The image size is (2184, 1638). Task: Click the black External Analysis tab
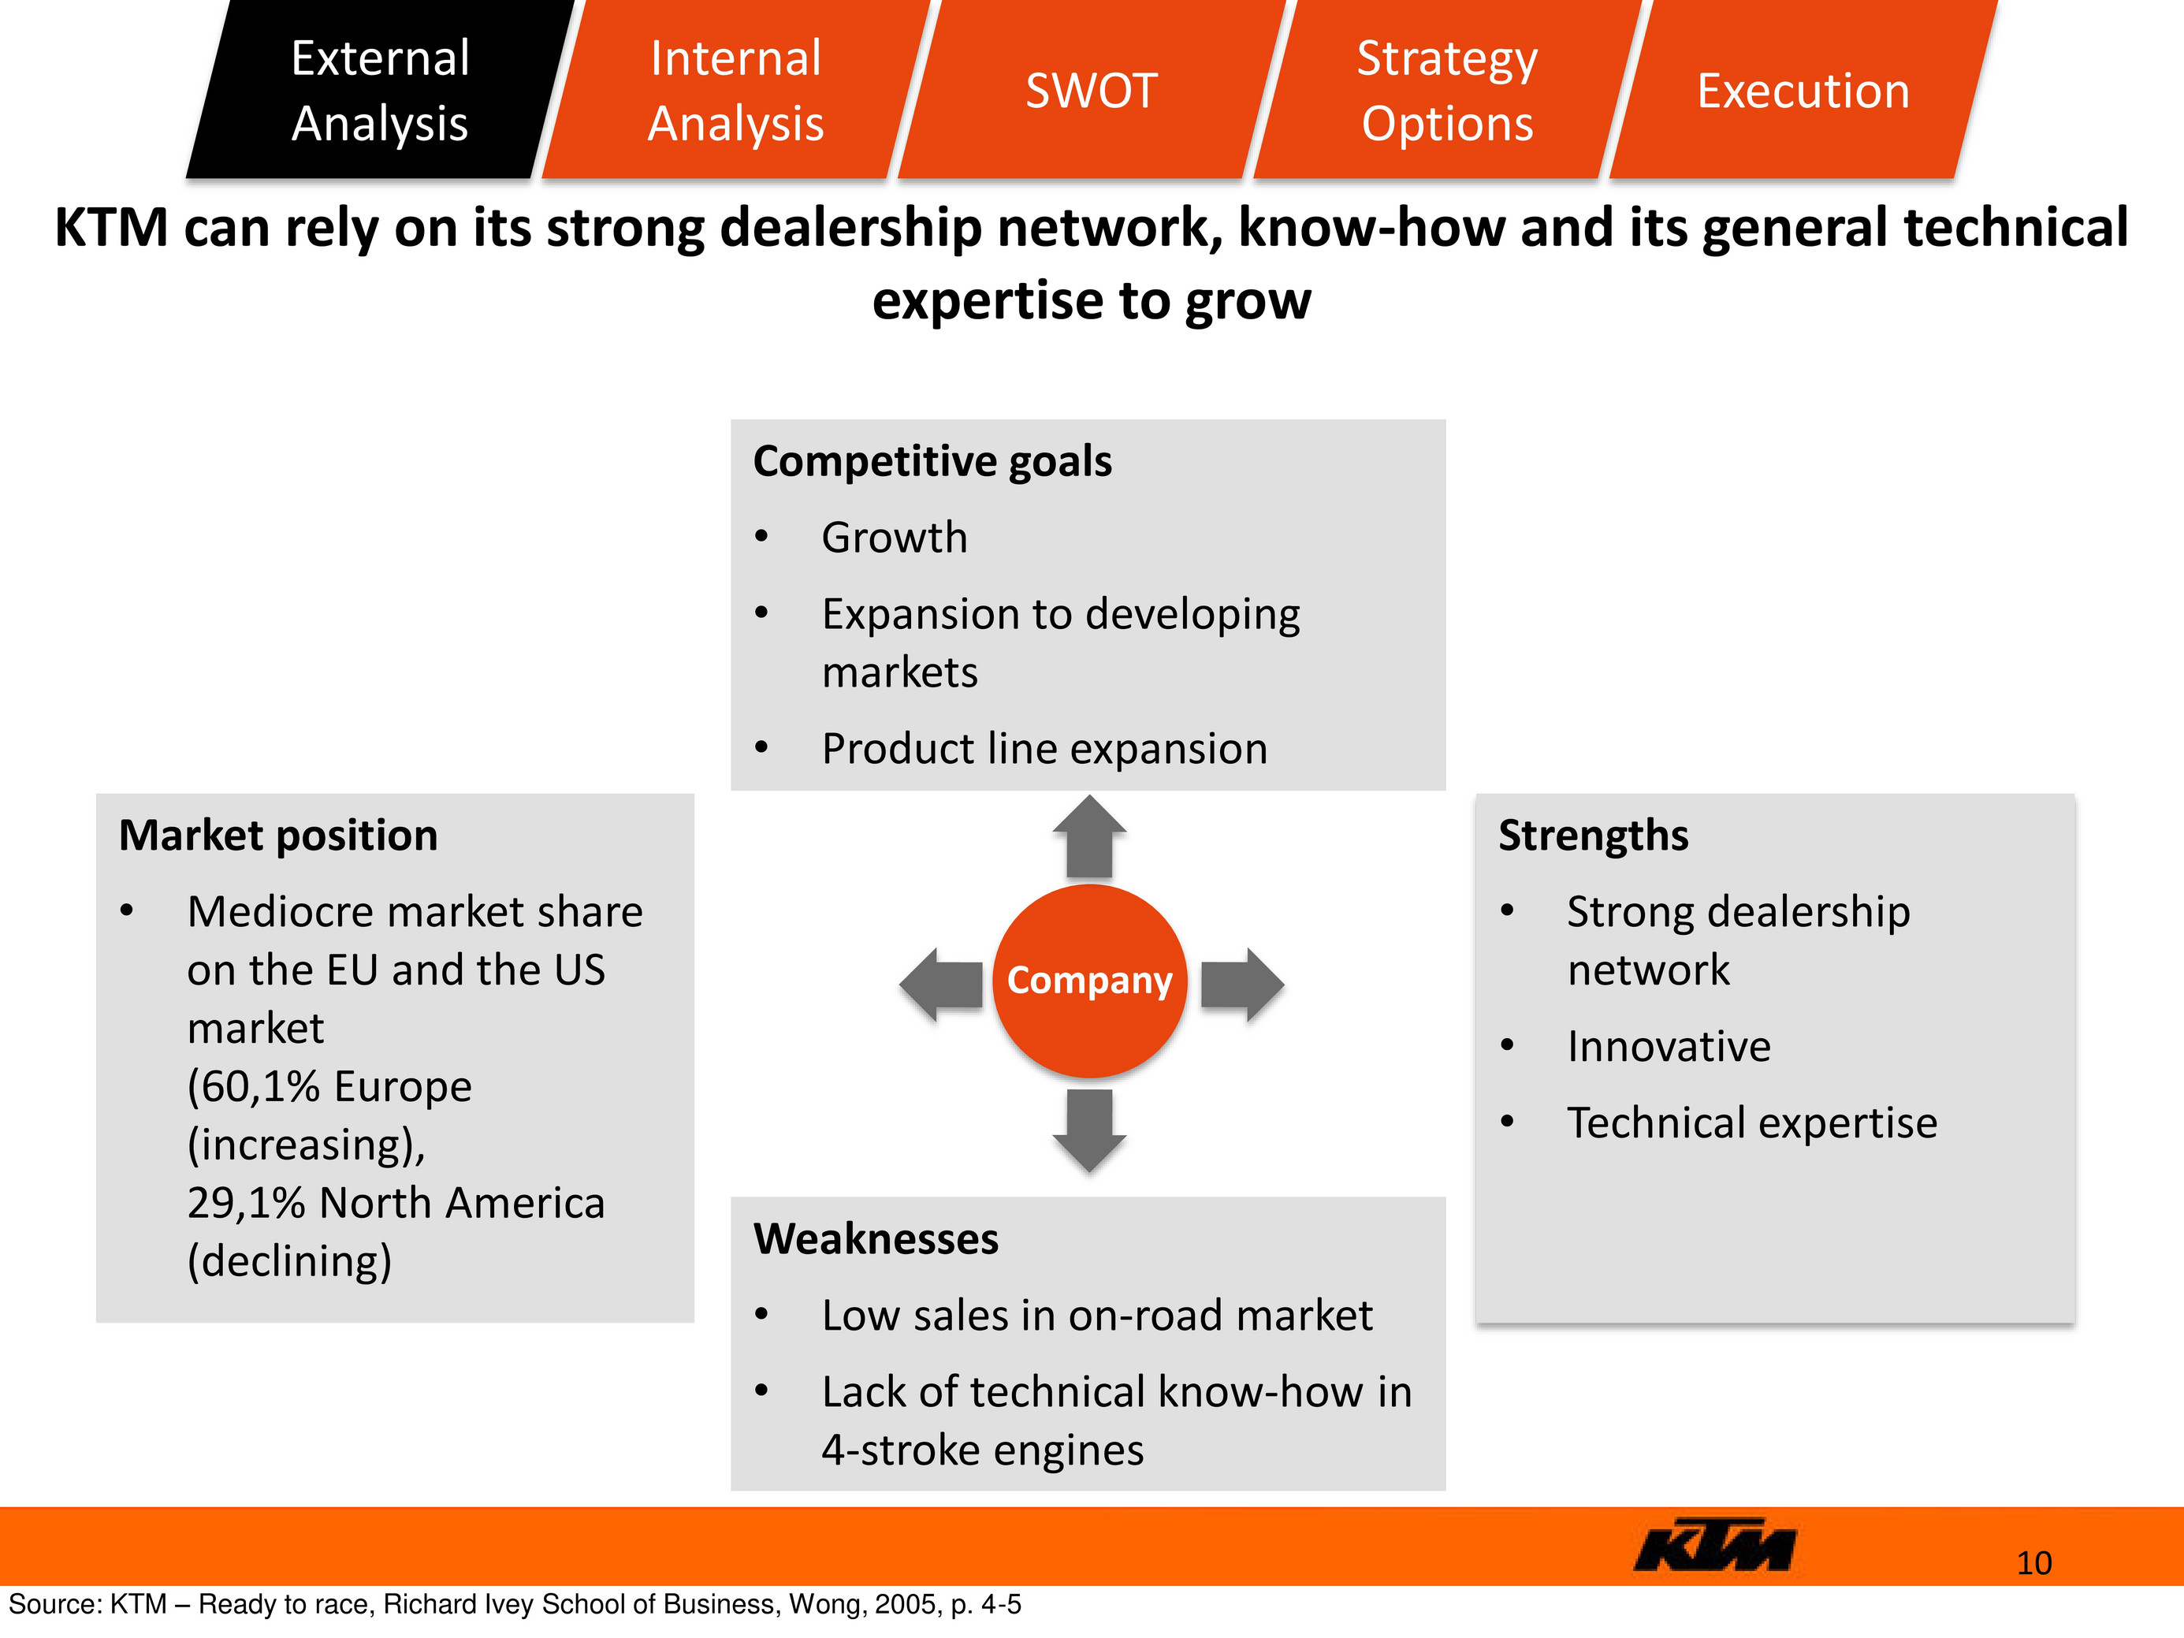tap(380, 89)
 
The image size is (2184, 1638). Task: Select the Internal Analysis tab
tap(735, 89)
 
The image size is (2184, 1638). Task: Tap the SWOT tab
tap(1091, 89)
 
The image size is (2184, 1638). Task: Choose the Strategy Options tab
tap(1447, 89)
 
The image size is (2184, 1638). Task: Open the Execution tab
tap(1803, 89)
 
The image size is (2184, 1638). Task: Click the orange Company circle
tap(1089, 981)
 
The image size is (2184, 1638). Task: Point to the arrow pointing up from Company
tap(1089, 836)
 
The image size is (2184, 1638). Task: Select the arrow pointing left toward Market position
tap(941, 985)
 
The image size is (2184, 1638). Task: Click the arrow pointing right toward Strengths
tap(1242, 985)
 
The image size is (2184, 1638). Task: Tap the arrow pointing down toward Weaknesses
tap(1089, 1130)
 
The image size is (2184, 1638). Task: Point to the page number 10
tap(2034, 1563)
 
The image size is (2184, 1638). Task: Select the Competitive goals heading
tap(932, 461)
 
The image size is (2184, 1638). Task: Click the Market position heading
tap(278, 836)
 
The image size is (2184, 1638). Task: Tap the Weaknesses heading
tap(876, 1238)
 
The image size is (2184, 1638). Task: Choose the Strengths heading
tap(1594, 836)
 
